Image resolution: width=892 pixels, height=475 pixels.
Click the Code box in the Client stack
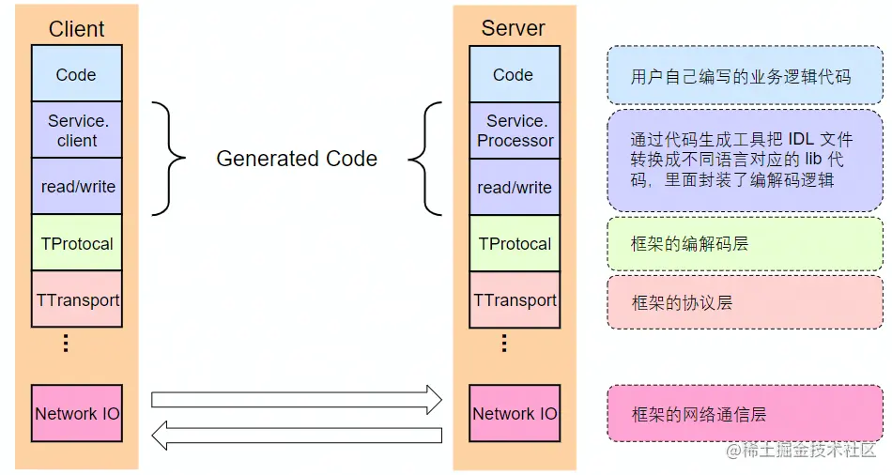point(76,74)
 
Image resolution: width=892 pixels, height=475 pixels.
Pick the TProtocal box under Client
point(76,243)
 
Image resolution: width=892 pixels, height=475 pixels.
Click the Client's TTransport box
point(76,299)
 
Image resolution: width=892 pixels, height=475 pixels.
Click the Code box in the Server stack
point(514,74)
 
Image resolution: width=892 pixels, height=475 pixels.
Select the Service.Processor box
point(514,130)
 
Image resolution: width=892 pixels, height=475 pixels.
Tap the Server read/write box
point(514,187)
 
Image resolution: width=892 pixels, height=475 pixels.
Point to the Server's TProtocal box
point(514,243)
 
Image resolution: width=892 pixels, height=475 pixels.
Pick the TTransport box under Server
point(514,299)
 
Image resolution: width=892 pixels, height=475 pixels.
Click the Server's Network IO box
point(514,413)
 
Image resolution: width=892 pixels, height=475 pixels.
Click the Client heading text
point(76,29)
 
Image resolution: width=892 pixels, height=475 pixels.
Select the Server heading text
point(513,28)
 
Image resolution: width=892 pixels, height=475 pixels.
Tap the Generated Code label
point(297,159)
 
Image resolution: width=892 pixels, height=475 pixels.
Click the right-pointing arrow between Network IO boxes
point(296,398)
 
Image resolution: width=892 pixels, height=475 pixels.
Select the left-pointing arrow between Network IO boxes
point(296,435)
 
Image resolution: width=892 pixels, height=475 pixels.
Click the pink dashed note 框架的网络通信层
point(745,413)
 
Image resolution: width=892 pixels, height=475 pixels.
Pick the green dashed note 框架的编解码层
point(745,244)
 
